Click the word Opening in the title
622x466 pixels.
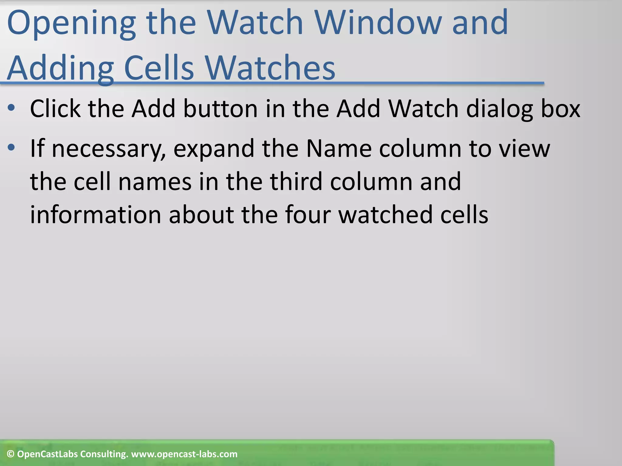pyautogui.click(x=71, y=24)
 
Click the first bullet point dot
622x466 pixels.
pyautogui.click(x=11, y=108)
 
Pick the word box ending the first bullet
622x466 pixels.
pyautogui.click(x=561, y=109)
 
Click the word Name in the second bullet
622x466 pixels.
pyautogui.click(x=339, y=149)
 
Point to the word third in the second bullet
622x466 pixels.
pyautogui.click(x=296, y=181)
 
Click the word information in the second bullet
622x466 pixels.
pyautogui.click(x=95, y=215)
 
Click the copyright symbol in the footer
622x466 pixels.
pyautogui.click(x=11, y=454)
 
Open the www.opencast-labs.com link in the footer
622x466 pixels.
pyautogui.click(x=184, y=454)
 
